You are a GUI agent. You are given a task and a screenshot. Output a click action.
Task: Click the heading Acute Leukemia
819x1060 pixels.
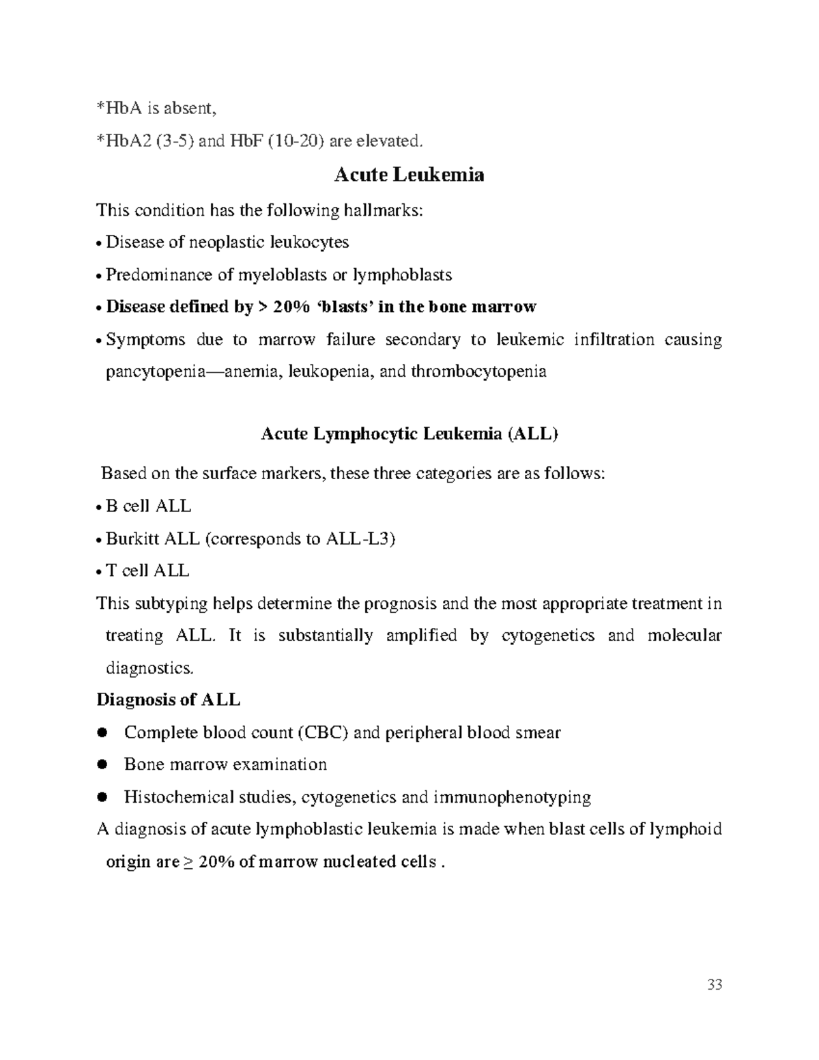coord(409,175)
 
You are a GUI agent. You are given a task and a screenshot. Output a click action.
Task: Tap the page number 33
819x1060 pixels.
coord(715,984)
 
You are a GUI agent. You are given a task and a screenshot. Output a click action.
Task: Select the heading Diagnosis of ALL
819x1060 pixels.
coord(169,700)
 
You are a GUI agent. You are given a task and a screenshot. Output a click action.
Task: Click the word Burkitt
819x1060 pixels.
coord(133,539)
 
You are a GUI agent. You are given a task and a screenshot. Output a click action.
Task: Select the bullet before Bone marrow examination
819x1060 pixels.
coord(103,765)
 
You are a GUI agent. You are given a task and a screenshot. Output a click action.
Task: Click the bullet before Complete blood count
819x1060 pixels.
coord(103,733)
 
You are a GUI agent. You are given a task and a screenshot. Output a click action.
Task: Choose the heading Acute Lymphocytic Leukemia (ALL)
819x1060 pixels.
coord(409,434)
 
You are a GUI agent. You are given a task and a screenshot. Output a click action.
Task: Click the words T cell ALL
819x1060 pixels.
coord(147,571)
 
